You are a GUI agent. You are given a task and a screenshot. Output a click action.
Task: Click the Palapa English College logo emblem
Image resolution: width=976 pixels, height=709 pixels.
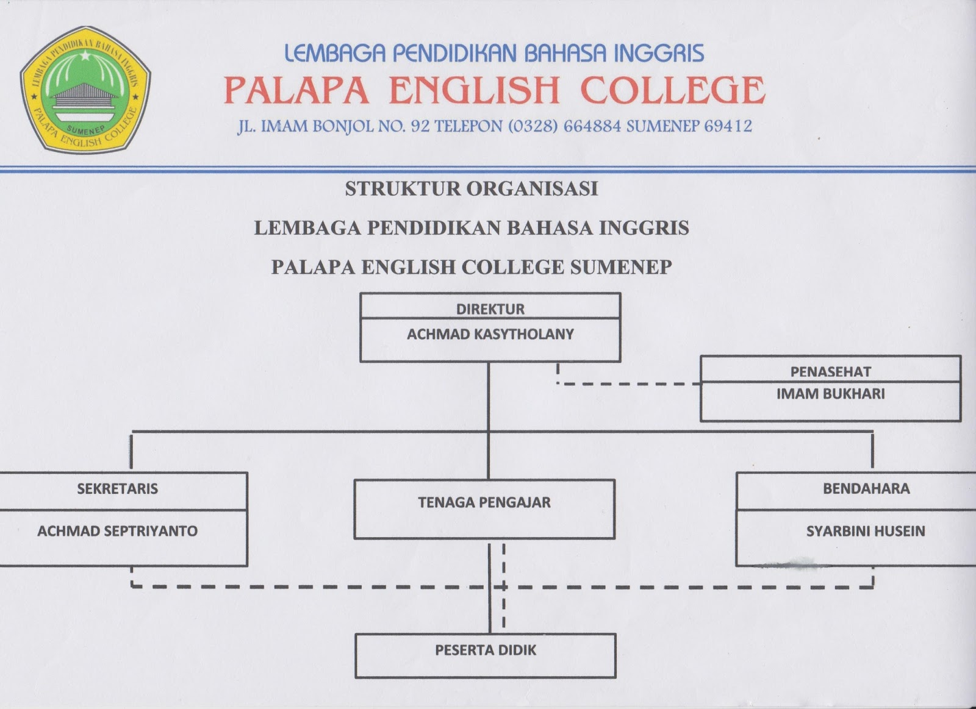coord(85,90)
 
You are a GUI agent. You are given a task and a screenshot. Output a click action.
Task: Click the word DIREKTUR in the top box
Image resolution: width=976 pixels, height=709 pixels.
coord(490,309)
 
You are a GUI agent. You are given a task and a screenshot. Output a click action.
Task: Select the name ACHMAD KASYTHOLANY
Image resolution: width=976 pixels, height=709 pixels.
coord(490,334)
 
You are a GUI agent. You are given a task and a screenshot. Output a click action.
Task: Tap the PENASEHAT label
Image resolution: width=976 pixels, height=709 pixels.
coord(830,372)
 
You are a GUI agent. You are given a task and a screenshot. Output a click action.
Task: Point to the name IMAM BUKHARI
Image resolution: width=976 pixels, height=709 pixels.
coord(830,394)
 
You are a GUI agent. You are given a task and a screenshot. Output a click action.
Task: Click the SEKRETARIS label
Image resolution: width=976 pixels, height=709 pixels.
coord(117,488)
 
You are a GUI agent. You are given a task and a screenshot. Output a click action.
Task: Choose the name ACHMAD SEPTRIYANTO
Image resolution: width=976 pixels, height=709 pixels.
coord(117,531)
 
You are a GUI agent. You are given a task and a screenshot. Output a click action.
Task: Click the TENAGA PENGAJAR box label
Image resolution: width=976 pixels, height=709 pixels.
coord(484,502)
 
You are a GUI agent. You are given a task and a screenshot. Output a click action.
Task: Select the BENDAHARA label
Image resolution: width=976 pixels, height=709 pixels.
coord(866,488)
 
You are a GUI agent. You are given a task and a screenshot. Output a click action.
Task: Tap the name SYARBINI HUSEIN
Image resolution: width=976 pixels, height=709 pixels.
coord(866,531)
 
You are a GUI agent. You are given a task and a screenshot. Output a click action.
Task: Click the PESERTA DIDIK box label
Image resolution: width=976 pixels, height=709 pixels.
coord(486,650)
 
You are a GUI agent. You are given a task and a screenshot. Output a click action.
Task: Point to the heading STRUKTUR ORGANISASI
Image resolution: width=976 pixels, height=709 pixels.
coord(472,189)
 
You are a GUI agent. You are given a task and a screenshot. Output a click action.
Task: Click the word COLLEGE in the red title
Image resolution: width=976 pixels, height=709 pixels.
coord(672,91)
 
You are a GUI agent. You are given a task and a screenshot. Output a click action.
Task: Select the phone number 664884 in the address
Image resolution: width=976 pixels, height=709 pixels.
coord(592,126)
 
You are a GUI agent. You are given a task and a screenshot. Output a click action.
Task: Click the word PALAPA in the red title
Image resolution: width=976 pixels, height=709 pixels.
coord(296,91)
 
